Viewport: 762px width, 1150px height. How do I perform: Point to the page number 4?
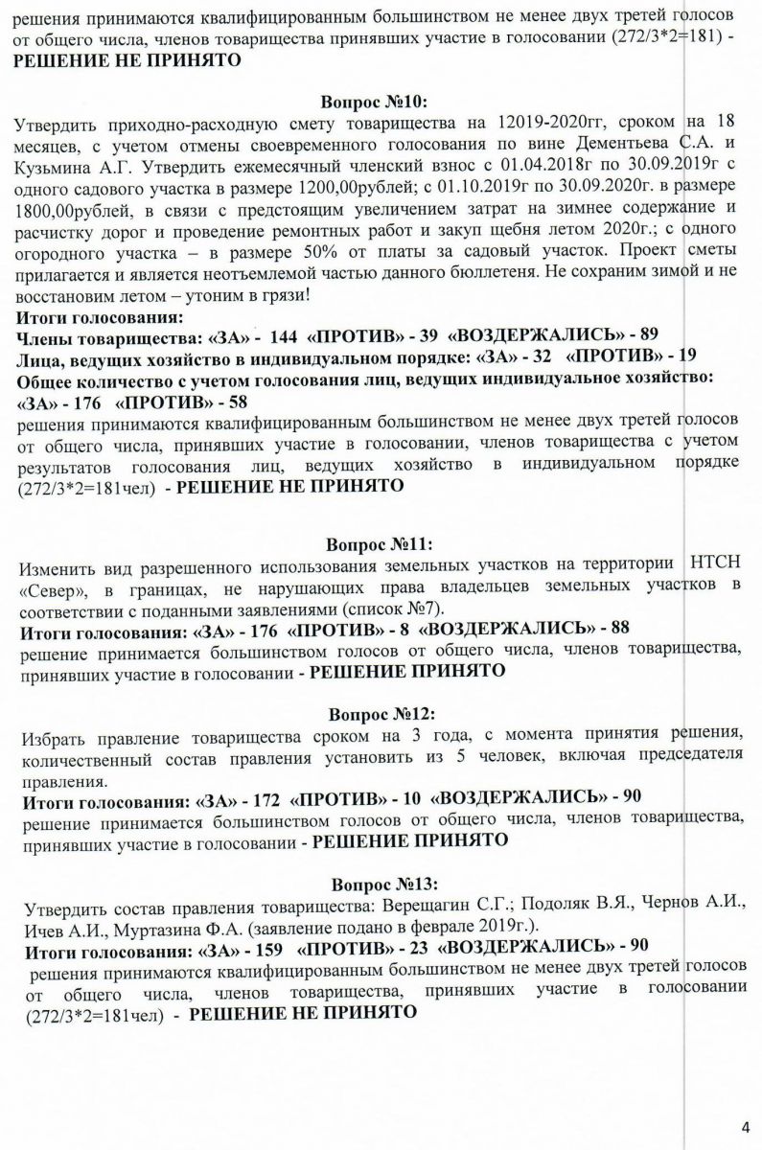746,1125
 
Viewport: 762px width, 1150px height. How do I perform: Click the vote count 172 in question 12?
257,797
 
